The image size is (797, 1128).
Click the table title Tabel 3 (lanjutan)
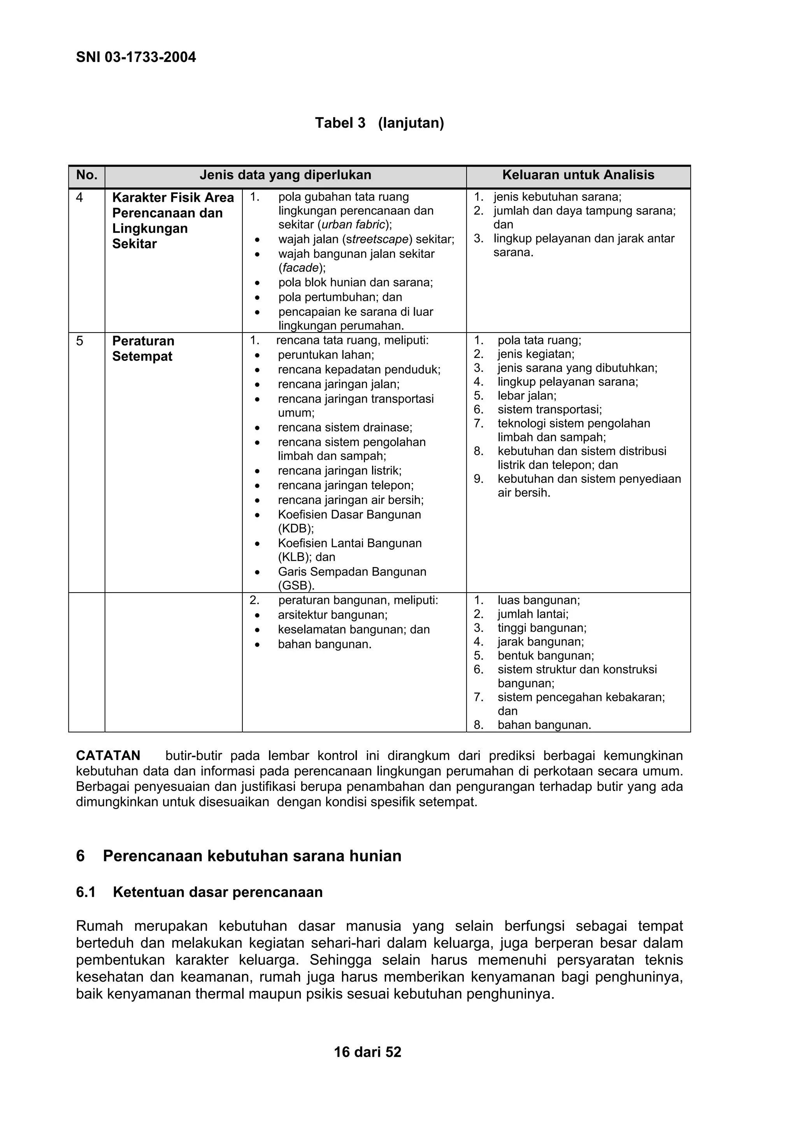click(379, 123)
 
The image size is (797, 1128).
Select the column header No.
click(86, 175)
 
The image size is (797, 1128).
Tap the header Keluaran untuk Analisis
click(578, 175)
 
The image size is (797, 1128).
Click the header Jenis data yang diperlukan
click(285, 175)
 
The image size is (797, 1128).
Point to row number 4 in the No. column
click(79, 197)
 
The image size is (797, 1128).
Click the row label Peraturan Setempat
click(143, 348)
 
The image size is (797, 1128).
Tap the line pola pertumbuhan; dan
click(340, 297)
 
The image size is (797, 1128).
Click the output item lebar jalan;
click(527, 396)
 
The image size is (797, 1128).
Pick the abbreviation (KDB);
click(296, 529)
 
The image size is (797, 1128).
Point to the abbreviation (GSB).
click(296, 586)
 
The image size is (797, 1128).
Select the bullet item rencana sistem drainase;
click(345, 428)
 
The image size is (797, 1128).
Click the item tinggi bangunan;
click(542, 628)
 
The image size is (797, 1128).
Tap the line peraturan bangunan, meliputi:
click(358, 600)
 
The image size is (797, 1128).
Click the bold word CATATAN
click(108, 756)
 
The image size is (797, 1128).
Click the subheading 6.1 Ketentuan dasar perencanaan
click(199, 892)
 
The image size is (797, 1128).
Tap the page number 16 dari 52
click(367, 1052)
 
